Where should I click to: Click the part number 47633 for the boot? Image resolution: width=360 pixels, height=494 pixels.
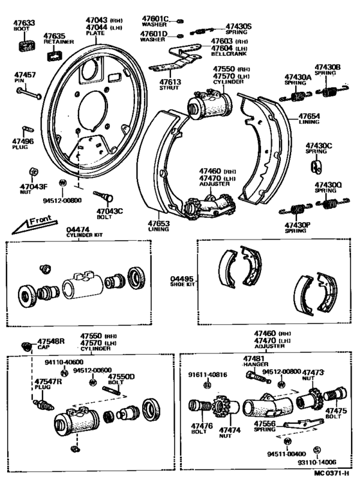[x=22, y=22]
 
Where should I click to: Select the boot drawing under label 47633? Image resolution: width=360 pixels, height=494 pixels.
[x=26, y=46]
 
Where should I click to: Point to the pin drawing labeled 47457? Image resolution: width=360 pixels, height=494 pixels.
[x=30, y=92]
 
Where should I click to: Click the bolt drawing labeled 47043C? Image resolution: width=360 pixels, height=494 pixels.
[x=103, y=195]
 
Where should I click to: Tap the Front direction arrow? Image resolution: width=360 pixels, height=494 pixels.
[x=30, y=225]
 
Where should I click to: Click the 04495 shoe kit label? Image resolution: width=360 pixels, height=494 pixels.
[x=181, y=279]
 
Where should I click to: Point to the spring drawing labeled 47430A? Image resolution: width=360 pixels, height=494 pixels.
[x=296, y=96]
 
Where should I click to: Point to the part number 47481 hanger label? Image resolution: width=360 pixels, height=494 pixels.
[x=254, y=358]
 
